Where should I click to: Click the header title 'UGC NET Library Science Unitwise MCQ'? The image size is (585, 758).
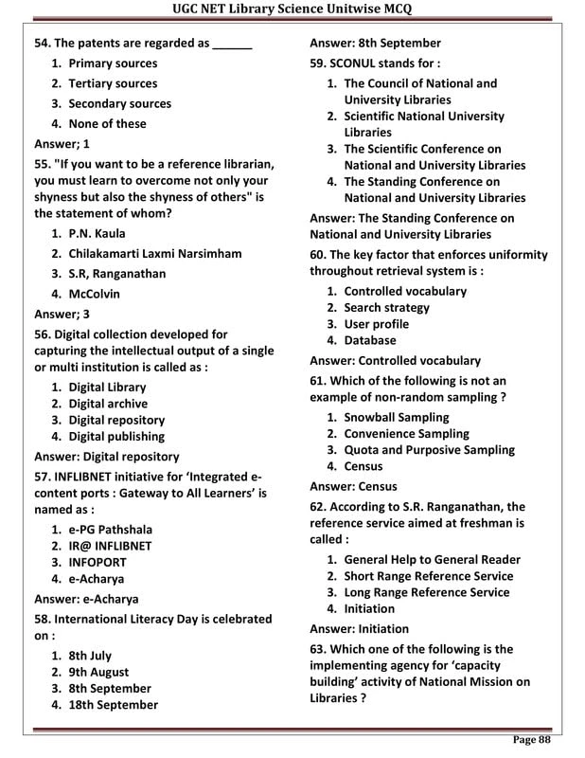292,10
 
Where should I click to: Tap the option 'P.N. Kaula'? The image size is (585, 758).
97,233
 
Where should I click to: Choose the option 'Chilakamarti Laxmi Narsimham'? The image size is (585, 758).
154,253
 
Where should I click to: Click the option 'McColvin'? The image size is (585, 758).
94,294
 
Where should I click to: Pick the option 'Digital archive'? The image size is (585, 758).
108,404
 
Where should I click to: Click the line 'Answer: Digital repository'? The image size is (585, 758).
107,456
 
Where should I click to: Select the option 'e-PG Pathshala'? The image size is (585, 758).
110,529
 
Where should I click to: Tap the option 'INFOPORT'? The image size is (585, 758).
97,562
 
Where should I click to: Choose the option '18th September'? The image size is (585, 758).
113,705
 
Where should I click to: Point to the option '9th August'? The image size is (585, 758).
98,672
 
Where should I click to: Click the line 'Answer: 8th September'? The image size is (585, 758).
375,43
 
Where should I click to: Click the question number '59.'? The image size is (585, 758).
318,63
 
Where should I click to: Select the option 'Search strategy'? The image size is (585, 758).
386,307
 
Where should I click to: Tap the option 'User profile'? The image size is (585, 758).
377,324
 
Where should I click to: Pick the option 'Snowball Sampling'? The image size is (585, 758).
396,417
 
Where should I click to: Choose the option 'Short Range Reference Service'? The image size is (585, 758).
428,576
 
